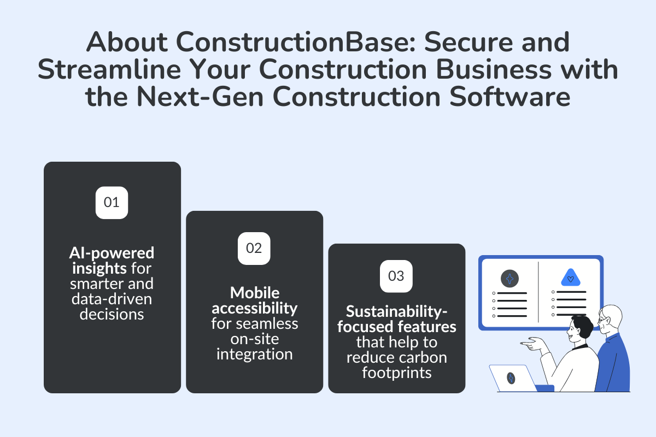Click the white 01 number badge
pyautogui.click(x=112, y=203)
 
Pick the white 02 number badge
pyautogui.click(x=254, y=249)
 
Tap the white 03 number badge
pyautogui.click(x=396, y=276)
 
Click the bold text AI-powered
pyautogui.click(x=112, y=252)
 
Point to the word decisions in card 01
pyautogui.click(x=112, y=314)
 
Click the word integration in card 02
pyautogui.click(x=254, y=354)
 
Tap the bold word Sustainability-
pyautogui.click(x=396, y=312)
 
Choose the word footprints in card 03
pyautogui.click(x=396, y=373)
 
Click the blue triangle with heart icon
pyautogui.click(x=570, y=278)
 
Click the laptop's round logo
pyautogui.click(x=511, y=378)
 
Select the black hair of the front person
pyautogui.click(x=583, y=326)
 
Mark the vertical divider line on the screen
pyautogui.click(x=538, y=292)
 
